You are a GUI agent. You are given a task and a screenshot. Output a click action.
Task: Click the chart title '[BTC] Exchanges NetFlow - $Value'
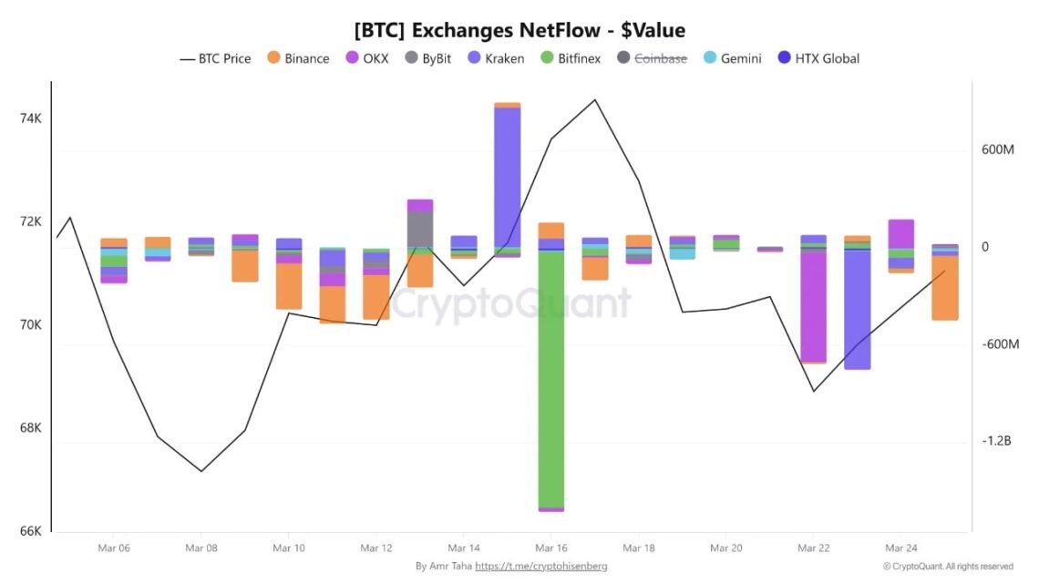519,30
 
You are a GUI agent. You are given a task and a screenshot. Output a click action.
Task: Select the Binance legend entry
298,58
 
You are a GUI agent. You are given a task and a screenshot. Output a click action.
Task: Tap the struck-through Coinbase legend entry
652,58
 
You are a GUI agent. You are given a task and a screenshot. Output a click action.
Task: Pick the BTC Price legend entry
215,58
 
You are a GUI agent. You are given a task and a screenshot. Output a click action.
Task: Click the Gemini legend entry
734,58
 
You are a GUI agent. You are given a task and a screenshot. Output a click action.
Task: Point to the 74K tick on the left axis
30,118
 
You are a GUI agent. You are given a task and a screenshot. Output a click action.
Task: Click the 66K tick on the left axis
30,531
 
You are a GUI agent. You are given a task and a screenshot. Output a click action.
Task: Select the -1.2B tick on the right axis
996,441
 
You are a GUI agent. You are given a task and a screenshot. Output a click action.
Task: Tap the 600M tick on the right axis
998,149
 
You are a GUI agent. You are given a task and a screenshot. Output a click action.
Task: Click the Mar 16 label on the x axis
551,548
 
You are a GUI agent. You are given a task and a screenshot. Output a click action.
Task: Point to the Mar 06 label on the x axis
113,548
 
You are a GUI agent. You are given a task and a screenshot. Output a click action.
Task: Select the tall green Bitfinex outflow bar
550,378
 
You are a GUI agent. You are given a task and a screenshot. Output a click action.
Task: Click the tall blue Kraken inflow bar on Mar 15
507,176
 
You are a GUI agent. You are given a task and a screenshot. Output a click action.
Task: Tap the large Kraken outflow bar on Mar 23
857,310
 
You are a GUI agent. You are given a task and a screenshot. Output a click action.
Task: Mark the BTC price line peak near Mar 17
595,100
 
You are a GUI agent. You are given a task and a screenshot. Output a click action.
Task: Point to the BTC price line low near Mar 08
201,471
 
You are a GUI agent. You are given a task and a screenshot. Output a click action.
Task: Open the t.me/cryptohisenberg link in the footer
540,566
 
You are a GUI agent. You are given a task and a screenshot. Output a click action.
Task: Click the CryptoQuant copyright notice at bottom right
947,566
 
